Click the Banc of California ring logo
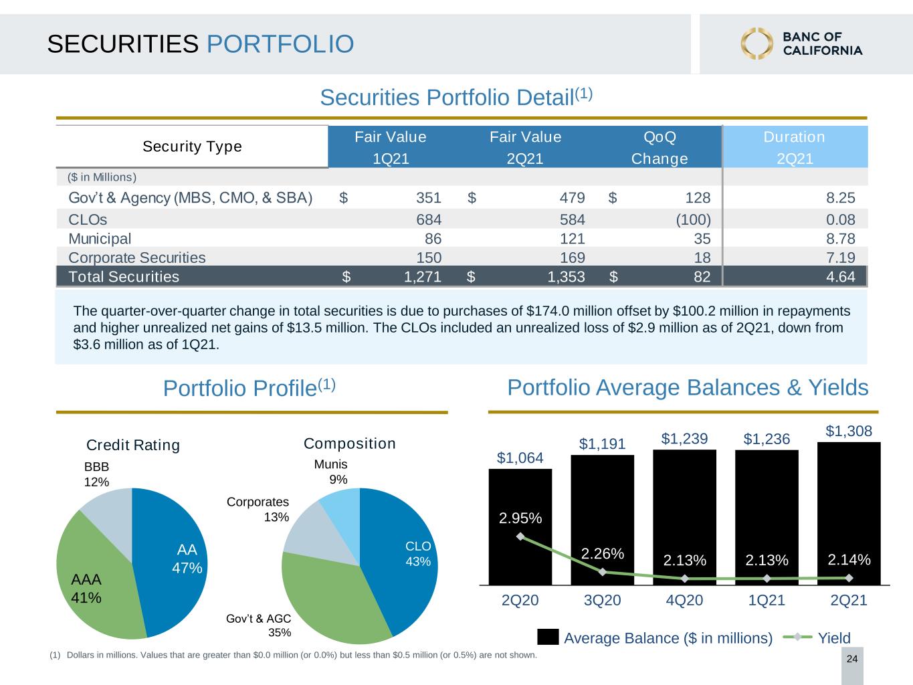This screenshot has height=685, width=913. pos(756,43)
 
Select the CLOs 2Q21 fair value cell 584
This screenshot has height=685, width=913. pos(572,219)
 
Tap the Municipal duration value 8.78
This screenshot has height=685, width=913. pos(840,239)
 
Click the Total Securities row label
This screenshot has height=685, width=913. pos(124,276)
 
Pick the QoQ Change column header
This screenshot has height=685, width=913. pos(660,148)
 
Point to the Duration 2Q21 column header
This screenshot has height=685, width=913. pos(794,148)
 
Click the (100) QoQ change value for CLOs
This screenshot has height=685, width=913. pos(694,219)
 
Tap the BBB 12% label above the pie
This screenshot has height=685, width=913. pos(96,474)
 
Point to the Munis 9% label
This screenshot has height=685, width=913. pos(330,472)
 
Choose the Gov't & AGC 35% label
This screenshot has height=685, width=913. pos(258,625)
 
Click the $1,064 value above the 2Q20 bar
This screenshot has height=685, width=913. pos(520,458)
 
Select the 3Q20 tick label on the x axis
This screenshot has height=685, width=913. pos(602,600)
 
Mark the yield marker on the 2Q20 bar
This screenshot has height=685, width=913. pos(520,536)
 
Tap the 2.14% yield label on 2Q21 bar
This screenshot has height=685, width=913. pos(849,559)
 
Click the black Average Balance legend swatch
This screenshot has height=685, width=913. pos(548,637)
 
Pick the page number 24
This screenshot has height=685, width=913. pos(852,659)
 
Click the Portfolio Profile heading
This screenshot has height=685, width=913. pos(249,388)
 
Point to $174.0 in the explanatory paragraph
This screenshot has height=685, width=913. pos(546,311)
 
